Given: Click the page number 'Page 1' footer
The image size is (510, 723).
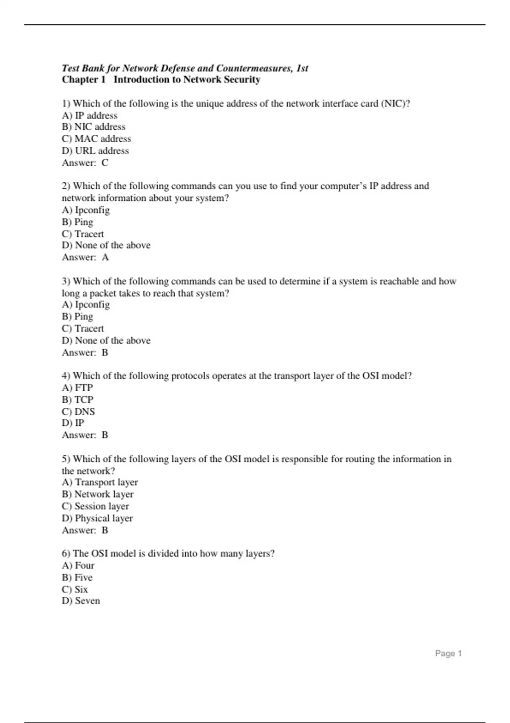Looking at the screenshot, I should [448, 653].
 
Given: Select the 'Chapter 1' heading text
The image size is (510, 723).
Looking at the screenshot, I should [83, 80].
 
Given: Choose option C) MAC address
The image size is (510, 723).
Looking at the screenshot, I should [96, 139].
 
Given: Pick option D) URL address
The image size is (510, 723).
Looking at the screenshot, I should [95, 151].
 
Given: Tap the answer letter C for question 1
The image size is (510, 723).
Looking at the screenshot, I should [105, 162].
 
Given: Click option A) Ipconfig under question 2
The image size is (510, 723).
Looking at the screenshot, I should [86, 210].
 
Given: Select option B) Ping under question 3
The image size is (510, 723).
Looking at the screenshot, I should [77, 316].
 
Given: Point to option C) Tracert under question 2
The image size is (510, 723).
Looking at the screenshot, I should [83, 234].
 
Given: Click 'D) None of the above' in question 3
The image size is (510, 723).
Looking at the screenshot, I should [106, 340].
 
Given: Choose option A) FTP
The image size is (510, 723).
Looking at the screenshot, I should [77, 387].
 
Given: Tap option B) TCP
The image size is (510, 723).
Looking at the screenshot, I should [77, 399].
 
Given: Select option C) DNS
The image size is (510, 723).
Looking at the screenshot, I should [78, 411].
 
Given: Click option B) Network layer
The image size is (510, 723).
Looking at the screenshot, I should [98, 494].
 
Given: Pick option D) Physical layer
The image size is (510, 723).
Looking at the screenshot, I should [97, 518].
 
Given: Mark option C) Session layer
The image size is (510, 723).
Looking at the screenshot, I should [95, 506].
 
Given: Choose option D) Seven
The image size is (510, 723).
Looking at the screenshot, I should [81, 601].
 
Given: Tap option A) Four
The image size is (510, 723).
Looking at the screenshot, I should [78, 565].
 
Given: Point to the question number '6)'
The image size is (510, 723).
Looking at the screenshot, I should [66, 553].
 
